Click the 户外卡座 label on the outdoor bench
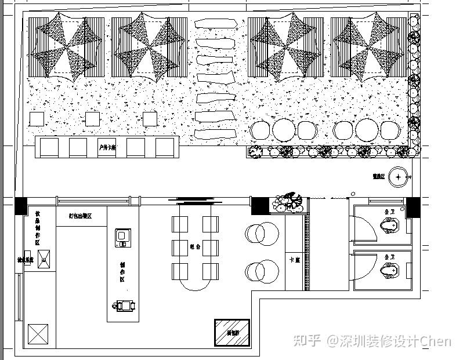107,148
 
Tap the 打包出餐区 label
80,216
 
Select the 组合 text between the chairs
195,247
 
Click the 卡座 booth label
294,260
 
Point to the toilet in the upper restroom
389,226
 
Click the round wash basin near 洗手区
399,176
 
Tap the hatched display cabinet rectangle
232,332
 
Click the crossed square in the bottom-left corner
39,335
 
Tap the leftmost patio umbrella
67,46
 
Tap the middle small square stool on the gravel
93,119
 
